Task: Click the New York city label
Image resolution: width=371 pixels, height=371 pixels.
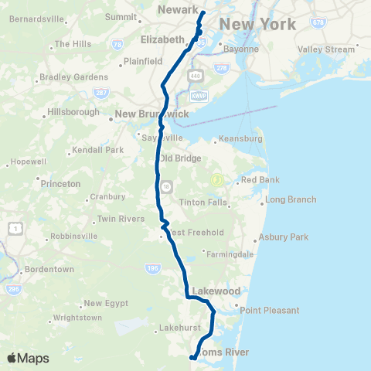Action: tap(257, 25)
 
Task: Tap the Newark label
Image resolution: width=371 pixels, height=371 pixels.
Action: tap(178, 9)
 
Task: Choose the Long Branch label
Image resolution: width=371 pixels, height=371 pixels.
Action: tap(291, 199)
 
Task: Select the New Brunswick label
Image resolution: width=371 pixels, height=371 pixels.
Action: tap(151, 114)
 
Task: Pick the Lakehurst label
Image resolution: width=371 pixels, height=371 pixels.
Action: tap(180, 328)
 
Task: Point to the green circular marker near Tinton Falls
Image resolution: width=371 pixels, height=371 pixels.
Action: tap(217, 180)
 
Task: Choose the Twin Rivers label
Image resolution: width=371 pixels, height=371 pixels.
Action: tap(121, 219)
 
